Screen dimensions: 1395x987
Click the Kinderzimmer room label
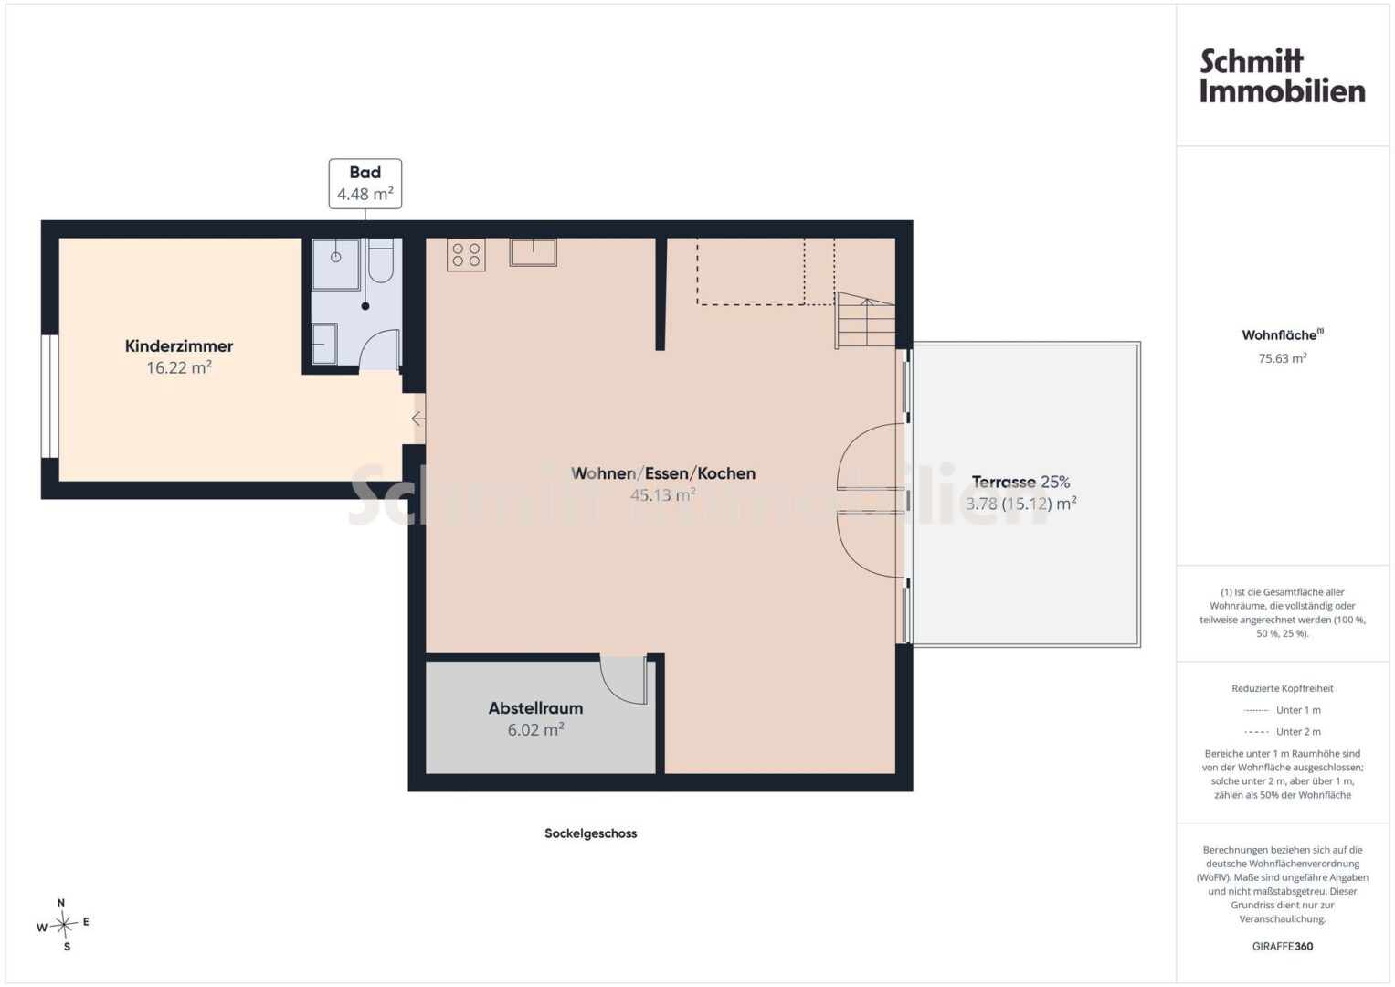179,345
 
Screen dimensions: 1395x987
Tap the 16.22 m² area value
179,367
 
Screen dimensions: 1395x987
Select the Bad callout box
365,183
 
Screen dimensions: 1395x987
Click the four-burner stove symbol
466,255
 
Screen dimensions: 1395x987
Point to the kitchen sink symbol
534,252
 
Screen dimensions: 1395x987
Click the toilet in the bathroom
381,260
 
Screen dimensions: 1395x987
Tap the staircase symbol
864,320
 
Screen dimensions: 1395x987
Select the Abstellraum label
535,708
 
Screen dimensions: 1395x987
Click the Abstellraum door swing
623,681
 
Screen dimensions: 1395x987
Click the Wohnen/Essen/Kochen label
663,473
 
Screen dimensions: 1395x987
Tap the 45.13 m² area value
662,495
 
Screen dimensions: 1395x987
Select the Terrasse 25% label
1020,482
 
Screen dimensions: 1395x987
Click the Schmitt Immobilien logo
1283,76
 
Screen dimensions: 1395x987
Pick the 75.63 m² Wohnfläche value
1283,358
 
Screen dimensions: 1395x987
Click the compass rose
63,925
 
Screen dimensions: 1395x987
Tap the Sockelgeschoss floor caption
590,833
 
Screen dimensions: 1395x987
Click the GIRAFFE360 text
1283,946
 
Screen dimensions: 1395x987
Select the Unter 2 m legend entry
1283,731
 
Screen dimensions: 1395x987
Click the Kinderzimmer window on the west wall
50,397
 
